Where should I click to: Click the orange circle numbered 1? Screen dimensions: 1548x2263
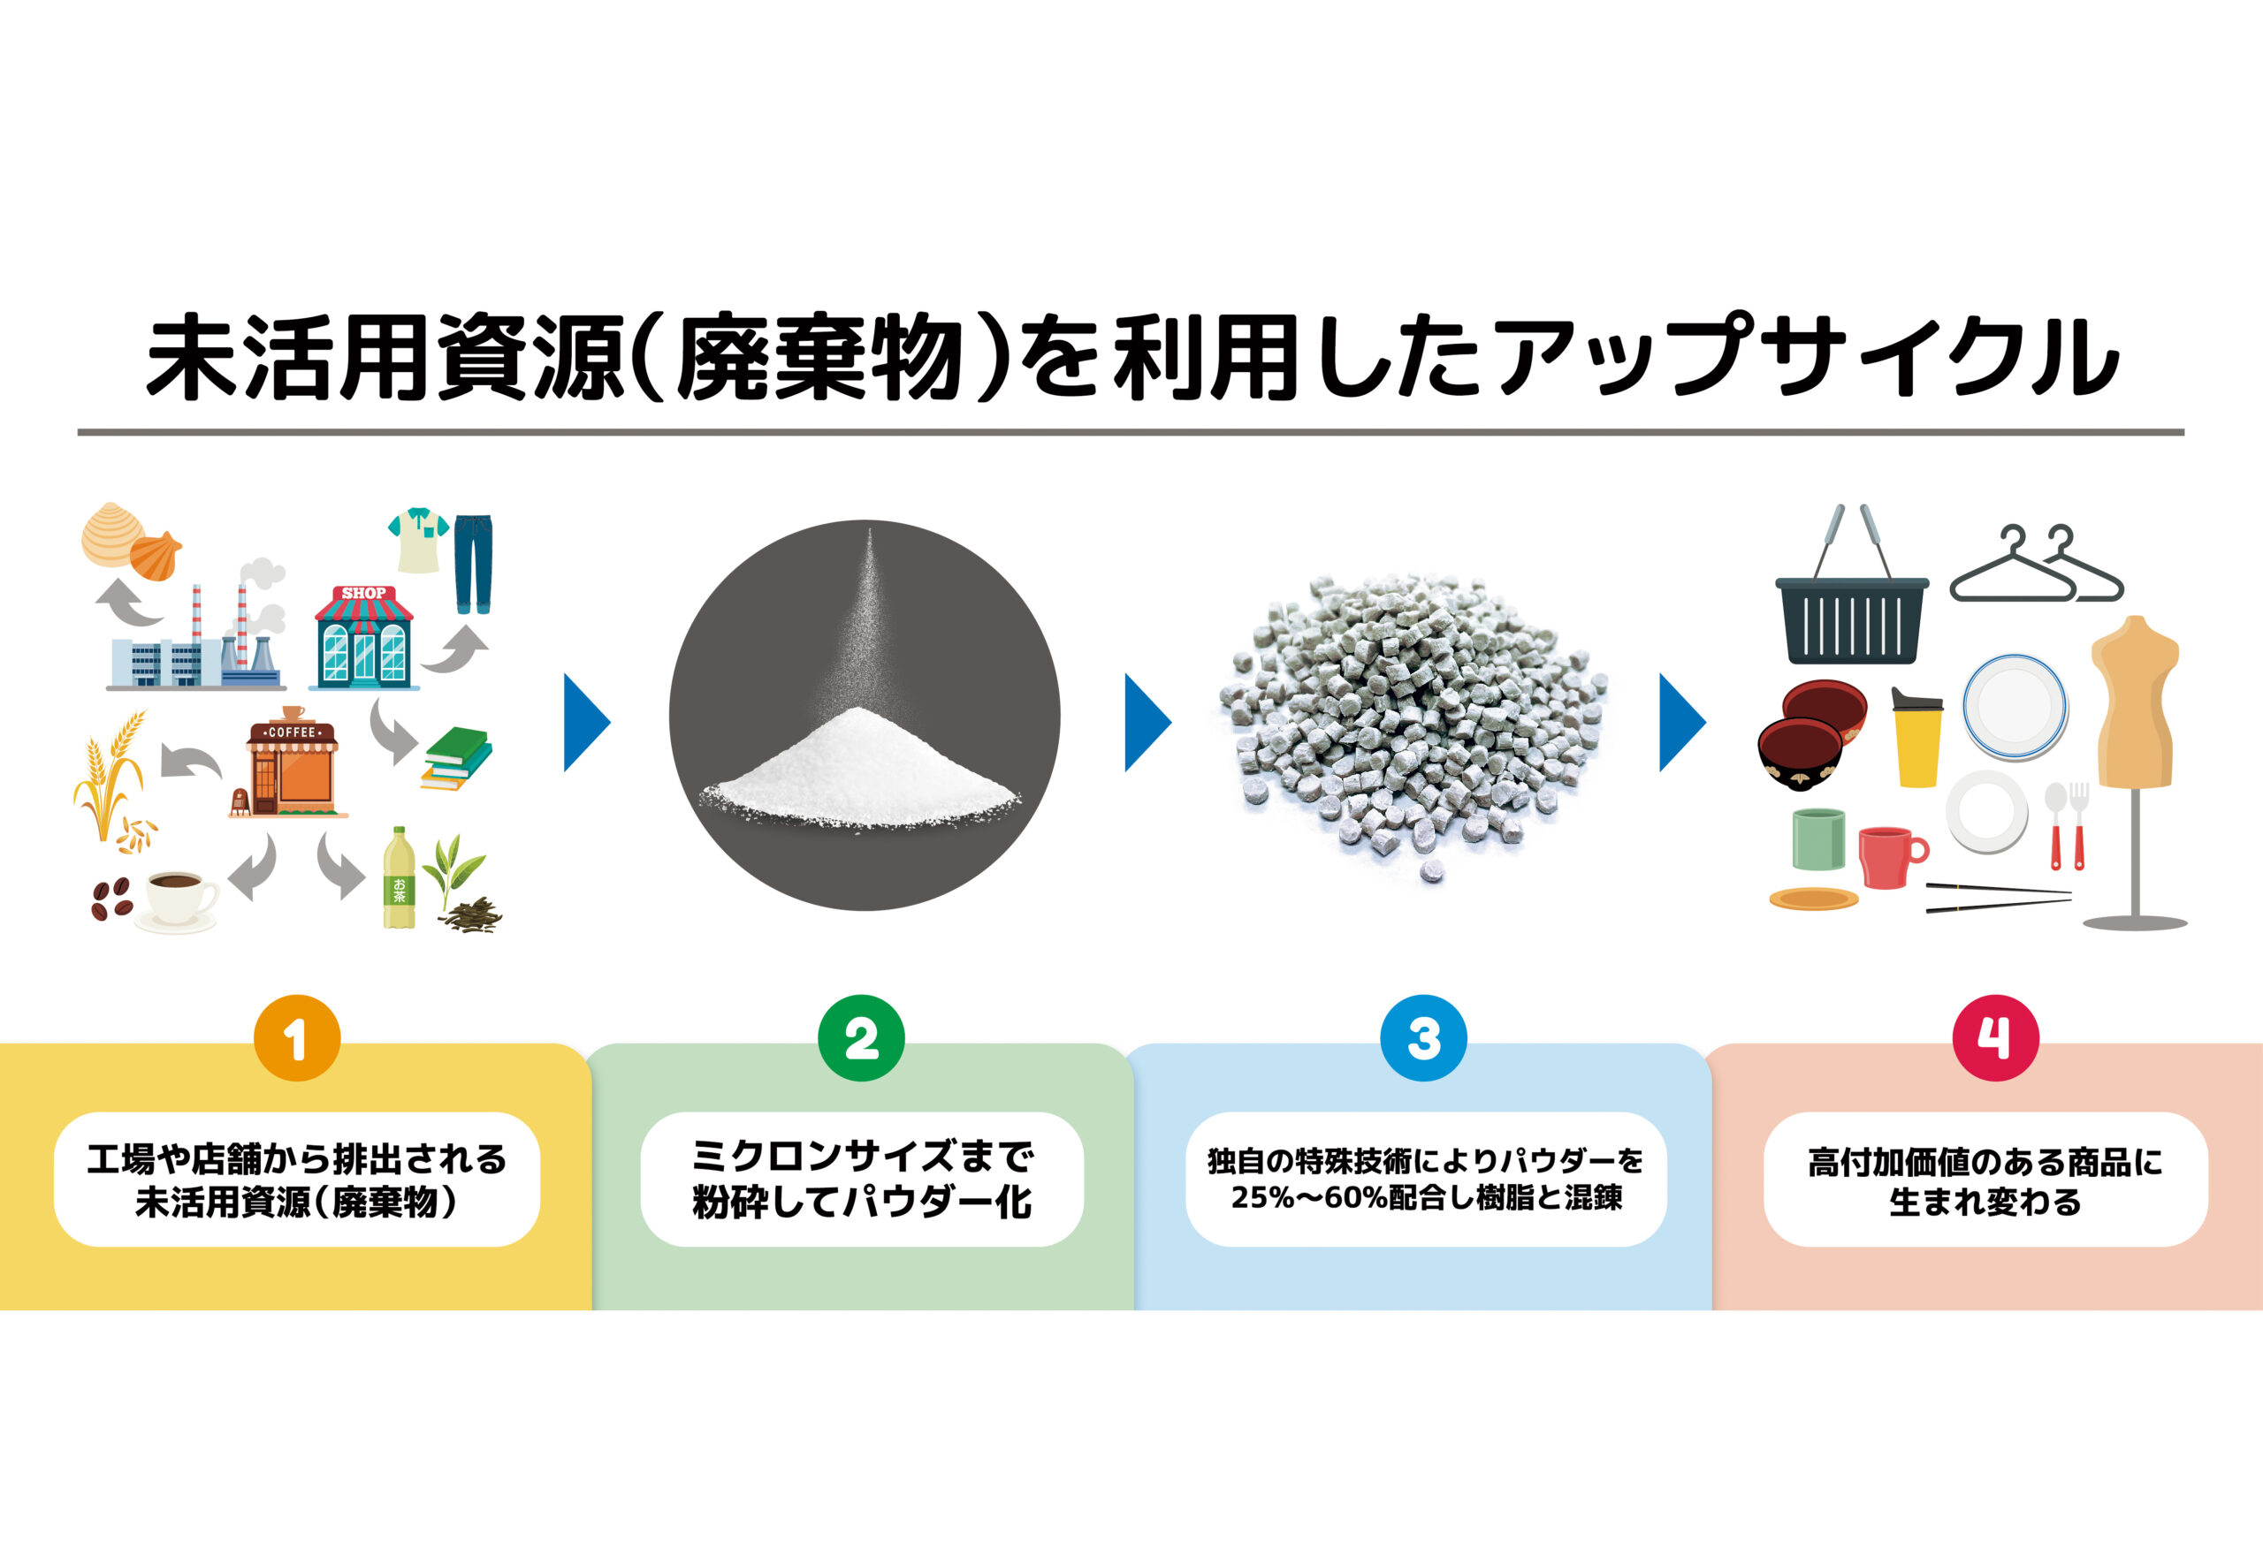(x=297, y=1038)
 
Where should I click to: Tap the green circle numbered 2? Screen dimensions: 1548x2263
(x=861, y=1038)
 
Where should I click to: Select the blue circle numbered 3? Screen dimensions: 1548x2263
(x=1423, y=1038)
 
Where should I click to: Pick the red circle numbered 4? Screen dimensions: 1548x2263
(x=1995, y=1038)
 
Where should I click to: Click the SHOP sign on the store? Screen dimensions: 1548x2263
(x=363, y=593)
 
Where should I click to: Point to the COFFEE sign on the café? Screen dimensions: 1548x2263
(x=291, y=732)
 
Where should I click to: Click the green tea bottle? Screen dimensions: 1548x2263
(x=399, y=879)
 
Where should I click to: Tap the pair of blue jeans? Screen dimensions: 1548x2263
(x=473, y=564)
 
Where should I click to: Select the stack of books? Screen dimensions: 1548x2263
(x=456, y=758)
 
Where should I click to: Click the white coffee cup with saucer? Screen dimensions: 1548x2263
(x=179, y=898)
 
